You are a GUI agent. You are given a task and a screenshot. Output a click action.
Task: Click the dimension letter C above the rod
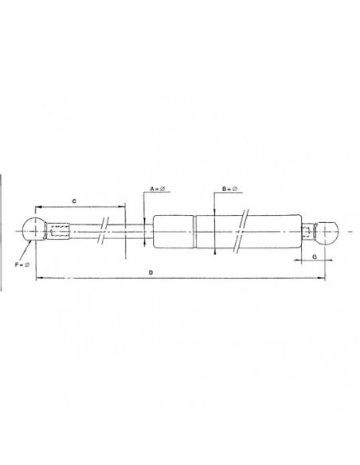73,202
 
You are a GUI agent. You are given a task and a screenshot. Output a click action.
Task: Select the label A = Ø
156,188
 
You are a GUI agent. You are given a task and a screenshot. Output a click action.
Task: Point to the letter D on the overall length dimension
151,272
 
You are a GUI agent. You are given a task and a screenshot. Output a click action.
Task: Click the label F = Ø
25,264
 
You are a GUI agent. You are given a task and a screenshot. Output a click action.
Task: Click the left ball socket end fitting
35,230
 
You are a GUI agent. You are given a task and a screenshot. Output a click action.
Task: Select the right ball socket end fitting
330,232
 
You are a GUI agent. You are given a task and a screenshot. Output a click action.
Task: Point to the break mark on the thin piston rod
104,231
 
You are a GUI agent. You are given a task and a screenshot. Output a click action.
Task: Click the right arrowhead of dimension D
323,278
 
